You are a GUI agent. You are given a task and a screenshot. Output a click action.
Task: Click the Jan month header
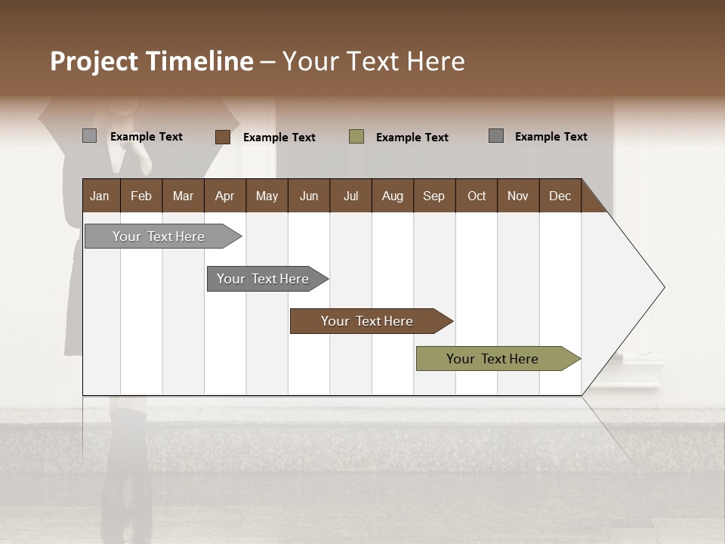tap(100, 196)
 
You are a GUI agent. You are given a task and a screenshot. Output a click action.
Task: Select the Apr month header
tap(225, 196)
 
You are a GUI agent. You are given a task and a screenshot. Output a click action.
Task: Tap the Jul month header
tap(350, 196)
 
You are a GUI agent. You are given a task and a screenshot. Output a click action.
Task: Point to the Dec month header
tap(560, 196)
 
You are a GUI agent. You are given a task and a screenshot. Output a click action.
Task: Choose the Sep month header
tap(433, 196)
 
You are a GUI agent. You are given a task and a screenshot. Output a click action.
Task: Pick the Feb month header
tap(141, 196)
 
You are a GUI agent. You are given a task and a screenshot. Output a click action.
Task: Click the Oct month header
tap(477, 196)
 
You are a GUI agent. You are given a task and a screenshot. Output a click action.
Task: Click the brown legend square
tap(223, 137)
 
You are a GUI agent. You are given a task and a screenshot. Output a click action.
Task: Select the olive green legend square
tap(356, 137)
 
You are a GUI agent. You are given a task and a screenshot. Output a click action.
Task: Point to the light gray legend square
tap(90, 136)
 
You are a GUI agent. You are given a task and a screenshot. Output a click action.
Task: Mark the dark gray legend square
tap(496, 136)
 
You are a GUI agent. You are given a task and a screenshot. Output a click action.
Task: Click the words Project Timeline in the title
tap(152, 61)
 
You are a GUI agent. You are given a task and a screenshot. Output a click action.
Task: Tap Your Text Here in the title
tap(374, 61)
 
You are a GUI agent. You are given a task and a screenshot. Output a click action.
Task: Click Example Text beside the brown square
tap(279, 138)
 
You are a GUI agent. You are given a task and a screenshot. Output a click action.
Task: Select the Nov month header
tap(518, 196)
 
